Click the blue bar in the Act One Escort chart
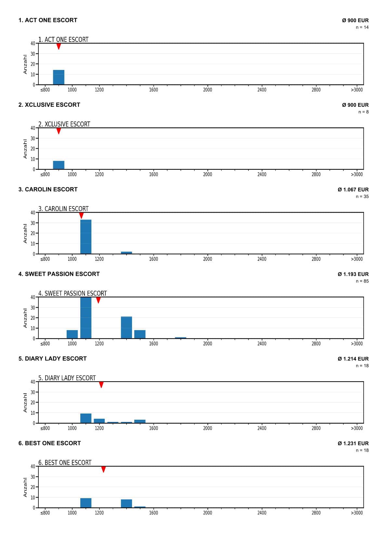59,77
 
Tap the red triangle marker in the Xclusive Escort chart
59,131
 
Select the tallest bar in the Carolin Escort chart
86,237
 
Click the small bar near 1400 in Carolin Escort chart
126,253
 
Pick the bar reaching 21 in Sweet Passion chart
126,328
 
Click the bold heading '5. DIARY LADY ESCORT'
53,358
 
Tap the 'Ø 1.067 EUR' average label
353,190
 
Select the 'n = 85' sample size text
362,281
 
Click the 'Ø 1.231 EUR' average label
353,443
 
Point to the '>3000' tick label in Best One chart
357,513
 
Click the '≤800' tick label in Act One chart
45,90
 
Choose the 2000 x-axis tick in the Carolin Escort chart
207,259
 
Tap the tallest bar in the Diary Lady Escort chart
86,418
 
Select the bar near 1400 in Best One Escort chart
126,503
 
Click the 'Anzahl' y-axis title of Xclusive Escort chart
25,149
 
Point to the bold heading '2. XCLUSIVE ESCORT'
49,105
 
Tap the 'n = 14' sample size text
362,27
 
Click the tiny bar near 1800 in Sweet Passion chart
180,338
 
